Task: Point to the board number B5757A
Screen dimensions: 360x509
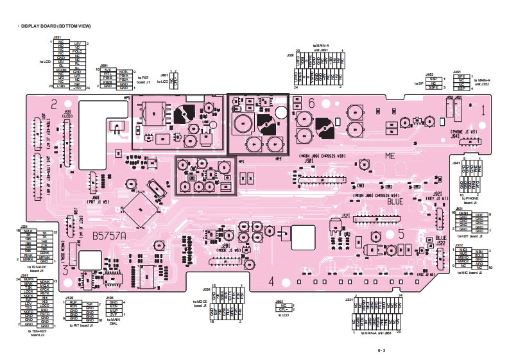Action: tap(110, 236)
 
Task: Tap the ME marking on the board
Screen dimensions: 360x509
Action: tap(391, 156)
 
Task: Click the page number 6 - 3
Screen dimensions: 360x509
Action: tap(381, 350)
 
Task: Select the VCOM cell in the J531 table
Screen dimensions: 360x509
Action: tap(61, 68)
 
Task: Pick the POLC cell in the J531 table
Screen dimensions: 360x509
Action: tap(77, 51)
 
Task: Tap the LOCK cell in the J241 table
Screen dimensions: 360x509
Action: tap(29, 291)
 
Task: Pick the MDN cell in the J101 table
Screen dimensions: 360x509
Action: tap(114, 306)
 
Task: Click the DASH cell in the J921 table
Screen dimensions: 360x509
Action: tap(463, 214)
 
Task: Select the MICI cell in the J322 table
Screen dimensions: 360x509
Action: tap(463, 250)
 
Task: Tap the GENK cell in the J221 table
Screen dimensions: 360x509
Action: tap(44, 253)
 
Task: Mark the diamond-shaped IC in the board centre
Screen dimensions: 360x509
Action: tap(142, 209)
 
